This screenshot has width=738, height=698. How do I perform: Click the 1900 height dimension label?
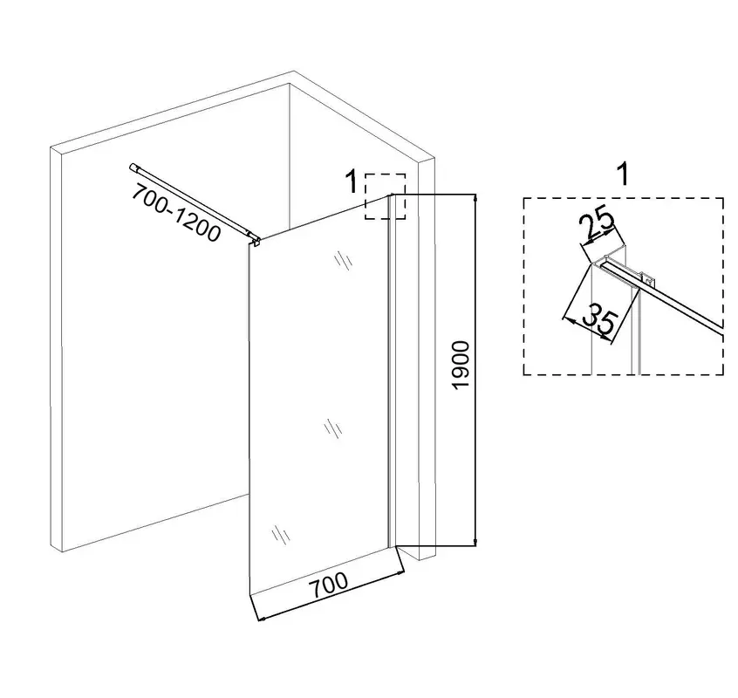(461, 365)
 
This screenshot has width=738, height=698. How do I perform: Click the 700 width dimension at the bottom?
(329, 585)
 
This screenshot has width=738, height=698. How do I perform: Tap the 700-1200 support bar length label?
(176, 212)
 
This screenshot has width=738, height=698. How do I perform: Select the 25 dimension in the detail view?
(597, 226)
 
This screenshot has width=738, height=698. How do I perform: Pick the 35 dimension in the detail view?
(598, 320)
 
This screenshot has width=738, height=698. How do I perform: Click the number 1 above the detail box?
(623, 174)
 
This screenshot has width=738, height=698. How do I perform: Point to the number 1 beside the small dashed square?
(352, 181)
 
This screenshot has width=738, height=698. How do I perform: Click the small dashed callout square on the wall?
(385, 196)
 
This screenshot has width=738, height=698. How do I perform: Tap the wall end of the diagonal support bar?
(133, 168)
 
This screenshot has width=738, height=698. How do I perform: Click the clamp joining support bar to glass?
(256, 241)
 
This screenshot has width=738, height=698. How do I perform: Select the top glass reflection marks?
(344, 261)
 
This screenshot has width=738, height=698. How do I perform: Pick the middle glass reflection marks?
(333, 429)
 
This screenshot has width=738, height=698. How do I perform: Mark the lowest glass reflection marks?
(281, 536)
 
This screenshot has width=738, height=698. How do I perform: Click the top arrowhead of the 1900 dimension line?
(475, 198)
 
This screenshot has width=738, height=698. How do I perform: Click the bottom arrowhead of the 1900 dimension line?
(475, 543)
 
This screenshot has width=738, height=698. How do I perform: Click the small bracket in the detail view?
(648, 280)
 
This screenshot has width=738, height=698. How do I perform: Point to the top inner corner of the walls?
(290, 85)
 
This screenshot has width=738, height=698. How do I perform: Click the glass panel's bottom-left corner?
(249, 595)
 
